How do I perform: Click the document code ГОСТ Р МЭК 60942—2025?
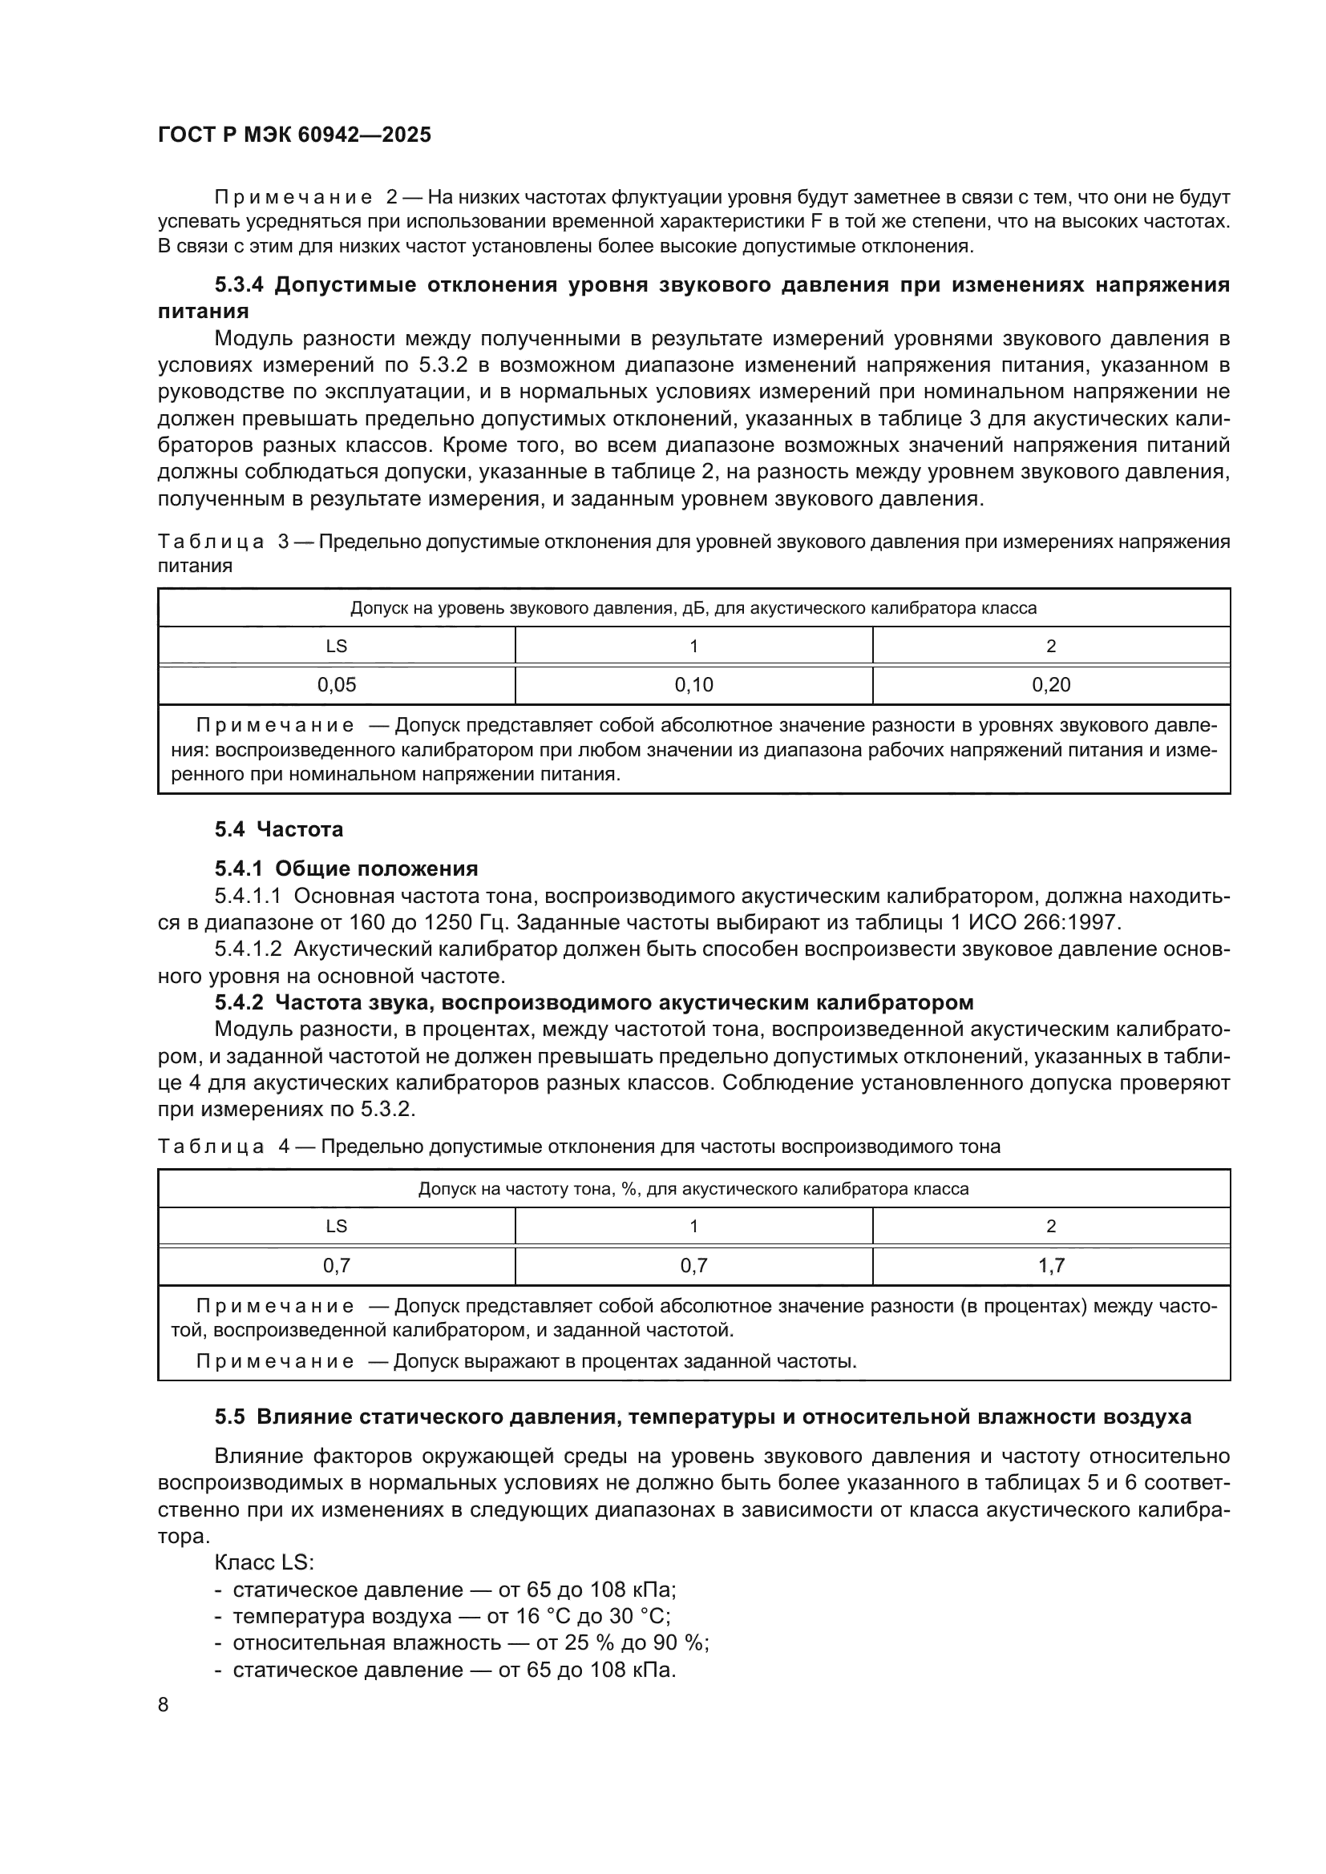pos(294,135)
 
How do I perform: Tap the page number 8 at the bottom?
pos(164,1705)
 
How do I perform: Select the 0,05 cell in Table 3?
pos(337,686)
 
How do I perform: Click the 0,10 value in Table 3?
pos(693,686)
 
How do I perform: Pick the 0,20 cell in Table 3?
pos(1051,686)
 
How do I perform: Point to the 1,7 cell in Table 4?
pos(1051,1266)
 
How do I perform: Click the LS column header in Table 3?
pos(337,647)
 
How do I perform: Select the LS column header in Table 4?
pos(337,1226)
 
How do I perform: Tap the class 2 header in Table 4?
pos(1051,1226)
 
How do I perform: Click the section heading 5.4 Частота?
pos(278,830)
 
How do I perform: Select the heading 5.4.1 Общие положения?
pos(346,868)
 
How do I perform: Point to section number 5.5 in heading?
pos(229,1418)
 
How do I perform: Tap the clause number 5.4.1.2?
pos(248,949)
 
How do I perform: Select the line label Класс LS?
pos(264,1563)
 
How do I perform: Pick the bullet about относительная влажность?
pos(471,1643)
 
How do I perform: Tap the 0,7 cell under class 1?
pos(693,1266)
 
